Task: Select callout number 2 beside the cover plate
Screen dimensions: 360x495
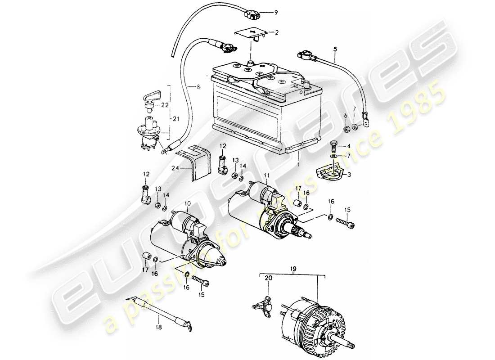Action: pos(277,32)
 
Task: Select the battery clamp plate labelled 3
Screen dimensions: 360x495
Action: pos(331,170)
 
